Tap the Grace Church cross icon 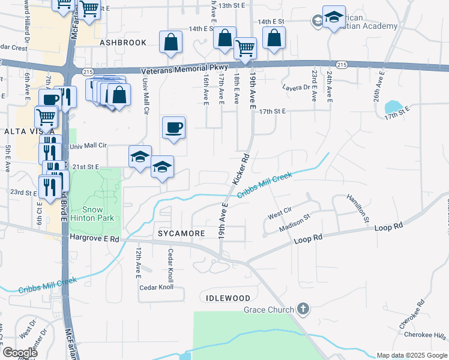point(304,310)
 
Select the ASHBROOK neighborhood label point(123,43)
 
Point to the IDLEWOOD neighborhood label point(228,298)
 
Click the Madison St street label point(294,223)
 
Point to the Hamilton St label point(358,208)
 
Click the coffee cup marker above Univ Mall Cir point(173,127)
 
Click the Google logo point(20,353)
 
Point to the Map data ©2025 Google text point(411,355)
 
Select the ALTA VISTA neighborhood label point(21,131)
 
